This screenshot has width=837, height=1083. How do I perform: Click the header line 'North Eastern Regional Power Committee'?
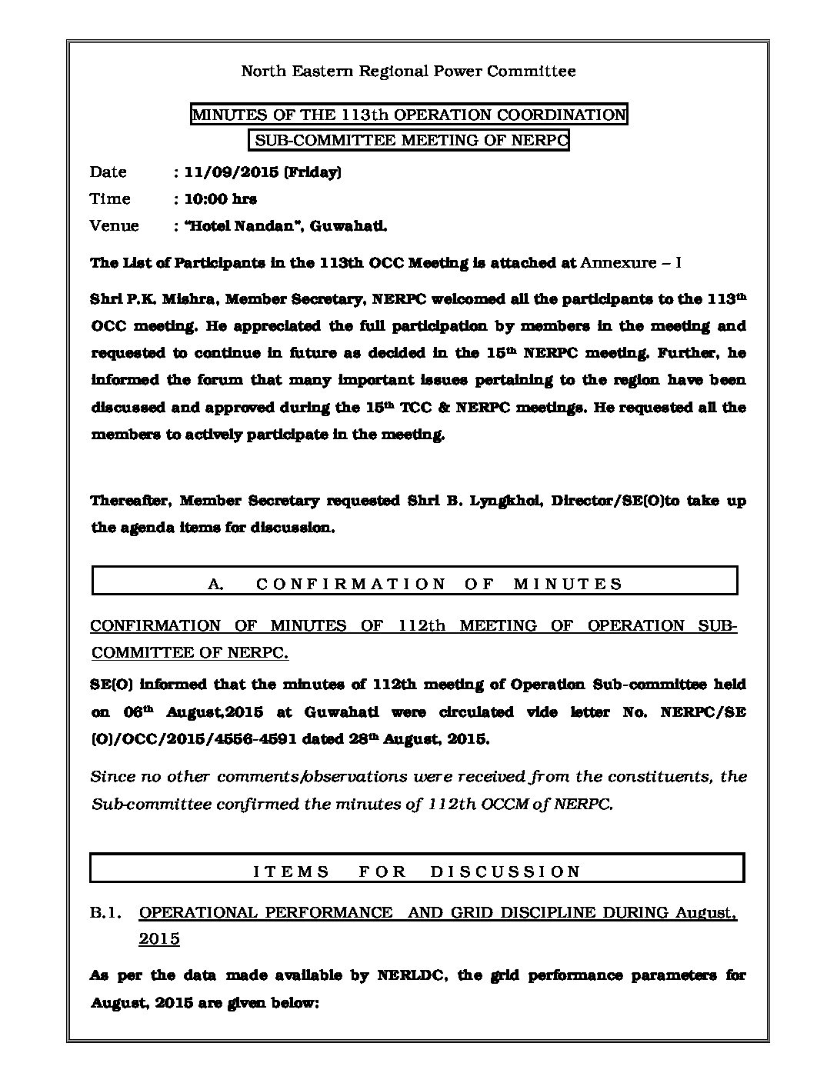point(408,72)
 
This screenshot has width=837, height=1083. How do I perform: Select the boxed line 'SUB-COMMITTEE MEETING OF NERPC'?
point(408,140)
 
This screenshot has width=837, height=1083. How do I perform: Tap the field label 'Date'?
point(108,172)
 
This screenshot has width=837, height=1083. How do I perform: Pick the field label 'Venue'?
point(115,226)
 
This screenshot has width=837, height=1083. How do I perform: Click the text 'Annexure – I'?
point(631,263)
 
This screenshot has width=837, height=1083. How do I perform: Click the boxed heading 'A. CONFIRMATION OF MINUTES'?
point(415,583)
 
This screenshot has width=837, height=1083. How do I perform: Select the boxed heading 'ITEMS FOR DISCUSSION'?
point(417,871)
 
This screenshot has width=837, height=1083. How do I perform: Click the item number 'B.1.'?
point(107,913)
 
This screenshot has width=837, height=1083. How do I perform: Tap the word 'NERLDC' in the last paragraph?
point(408,976)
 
